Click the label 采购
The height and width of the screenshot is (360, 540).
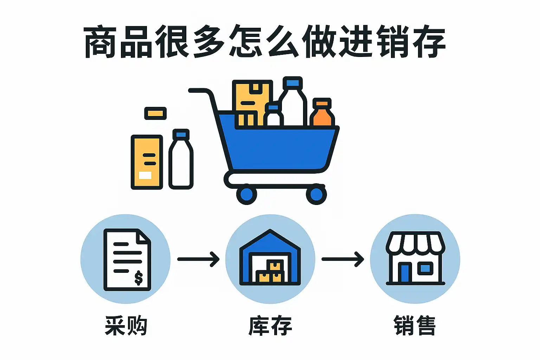coord(126,326)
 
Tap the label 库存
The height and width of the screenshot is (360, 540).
coord(270,326)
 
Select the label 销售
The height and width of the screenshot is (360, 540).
coord(415,326)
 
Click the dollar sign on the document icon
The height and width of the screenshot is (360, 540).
coord(139,278)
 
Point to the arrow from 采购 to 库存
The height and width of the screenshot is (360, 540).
coord(198,259)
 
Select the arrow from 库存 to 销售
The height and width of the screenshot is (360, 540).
coord(343,259)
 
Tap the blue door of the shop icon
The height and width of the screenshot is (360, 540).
coord(405,273)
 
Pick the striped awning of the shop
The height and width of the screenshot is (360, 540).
coord(415,243)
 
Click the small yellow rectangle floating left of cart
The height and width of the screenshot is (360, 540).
coord(155,113)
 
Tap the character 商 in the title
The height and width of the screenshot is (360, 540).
coord(100,42)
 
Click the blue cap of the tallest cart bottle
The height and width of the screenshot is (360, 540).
coord(292,82)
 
